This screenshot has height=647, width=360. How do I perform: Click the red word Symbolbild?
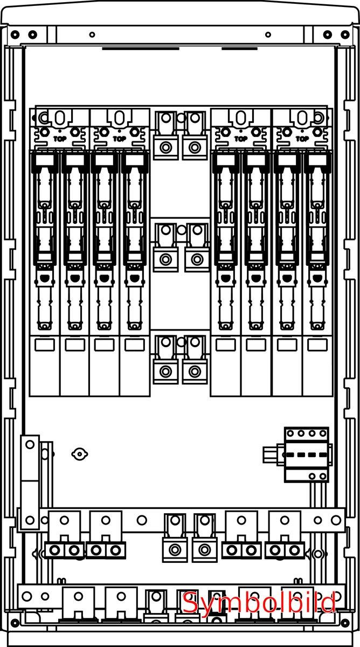(259, 602)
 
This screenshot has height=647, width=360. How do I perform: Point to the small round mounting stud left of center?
(79, 455)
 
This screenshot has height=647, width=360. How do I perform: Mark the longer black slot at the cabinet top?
(140, 49)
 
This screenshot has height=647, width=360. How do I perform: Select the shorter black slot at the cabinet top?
(239, 49)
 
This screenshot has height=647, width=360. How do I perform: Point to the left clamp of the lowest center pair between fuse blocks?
(166, 371)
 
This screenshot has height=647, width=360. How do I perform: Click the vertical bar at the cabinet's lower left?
(29, 483)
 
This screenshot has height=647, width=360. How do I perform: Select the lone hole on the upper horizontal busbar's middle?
(142, 520)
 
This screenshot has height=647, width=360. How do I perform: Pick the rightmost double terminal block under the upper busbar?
(285, 550)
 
